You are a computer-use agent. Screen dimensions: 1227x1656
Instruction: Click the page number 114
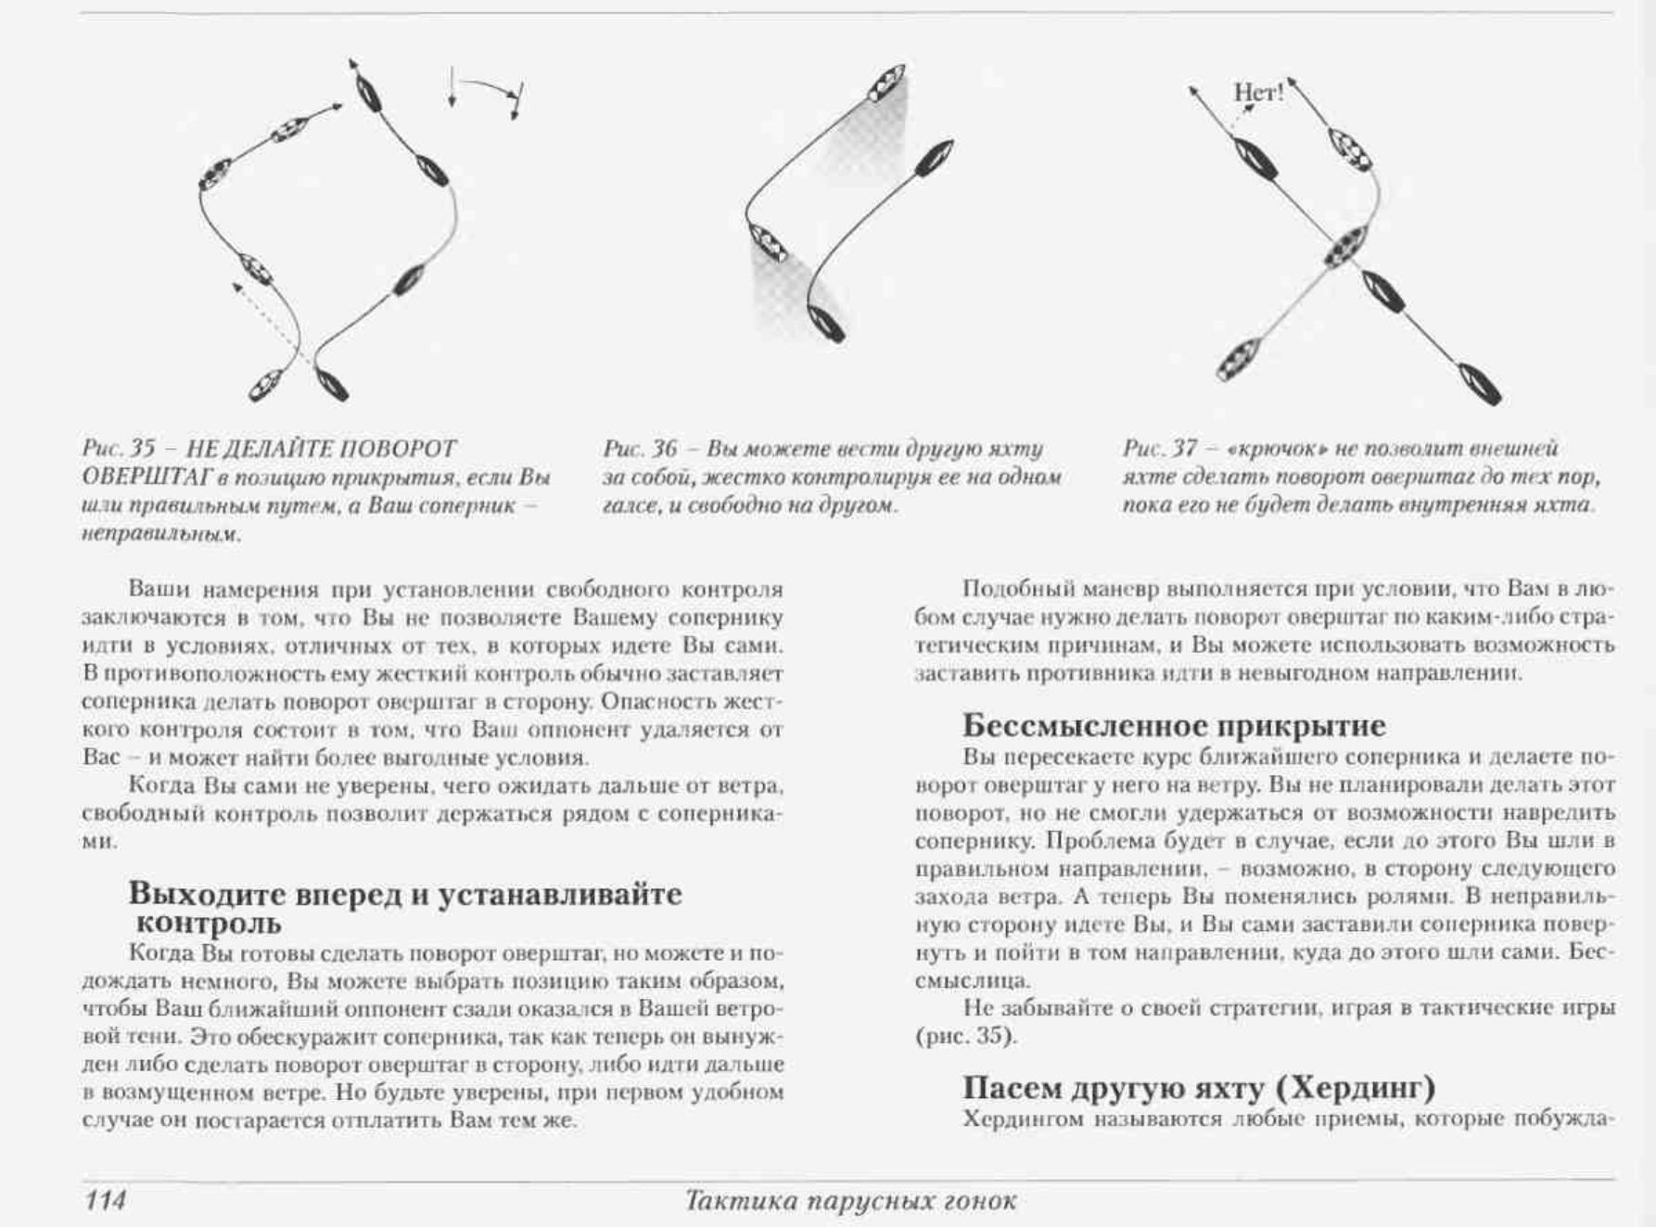(x=105, y=1200)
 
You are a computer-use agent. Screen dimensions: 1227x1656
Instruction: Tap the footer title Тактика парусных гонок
(x=850, y=1201)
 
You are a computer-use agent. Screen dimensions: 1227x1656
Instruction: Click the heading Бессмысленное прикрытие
(x=1173, y=724)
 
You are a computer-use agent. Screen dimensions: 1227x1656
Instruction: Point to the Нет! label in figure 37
(x=1258, y=92)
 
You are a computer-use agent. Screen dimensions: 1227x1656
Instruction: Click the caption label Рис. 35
(x=118, y=449)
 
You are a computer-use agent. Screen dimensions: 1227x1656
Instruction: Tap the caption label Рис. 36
(x=640, y=449)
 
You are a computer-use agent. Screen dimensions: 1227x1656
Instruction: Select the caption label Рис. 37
(x=1159, y=449)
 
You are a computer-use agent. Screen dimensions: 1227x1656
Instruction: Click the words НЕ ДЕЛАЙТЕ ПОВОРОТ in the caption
(x=321, y=449)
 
